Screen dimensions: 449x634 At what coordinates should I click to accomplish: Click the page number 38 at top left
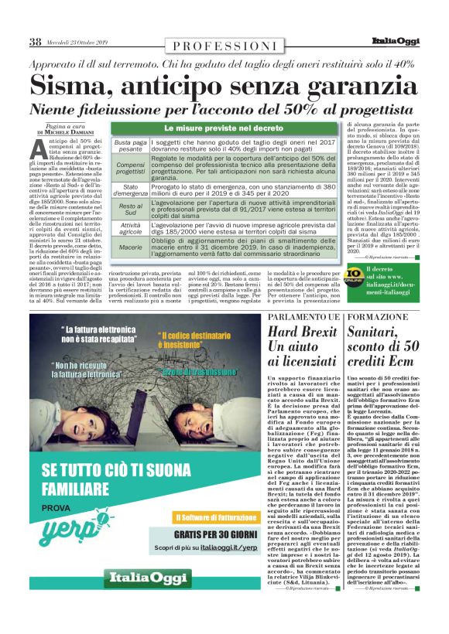click(35, 42)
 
